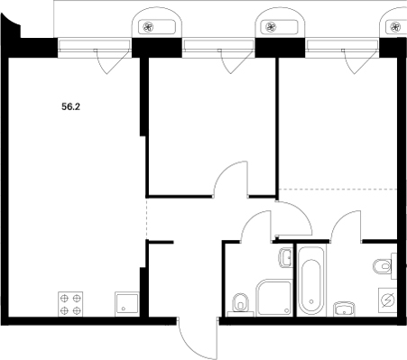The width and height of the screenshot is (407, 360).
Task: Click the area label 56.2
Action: coord(70,105)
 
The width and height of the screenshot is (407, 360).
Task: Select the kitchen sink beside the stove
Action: coord(123,303)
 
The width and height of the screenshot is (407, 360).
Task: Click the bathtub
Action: coord(311,278)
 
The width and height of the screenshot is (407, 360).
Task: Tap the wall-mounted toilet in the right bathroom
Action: coord(384,266)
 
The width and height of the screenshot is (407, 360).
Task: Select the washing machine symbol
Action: coord(386,301)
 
